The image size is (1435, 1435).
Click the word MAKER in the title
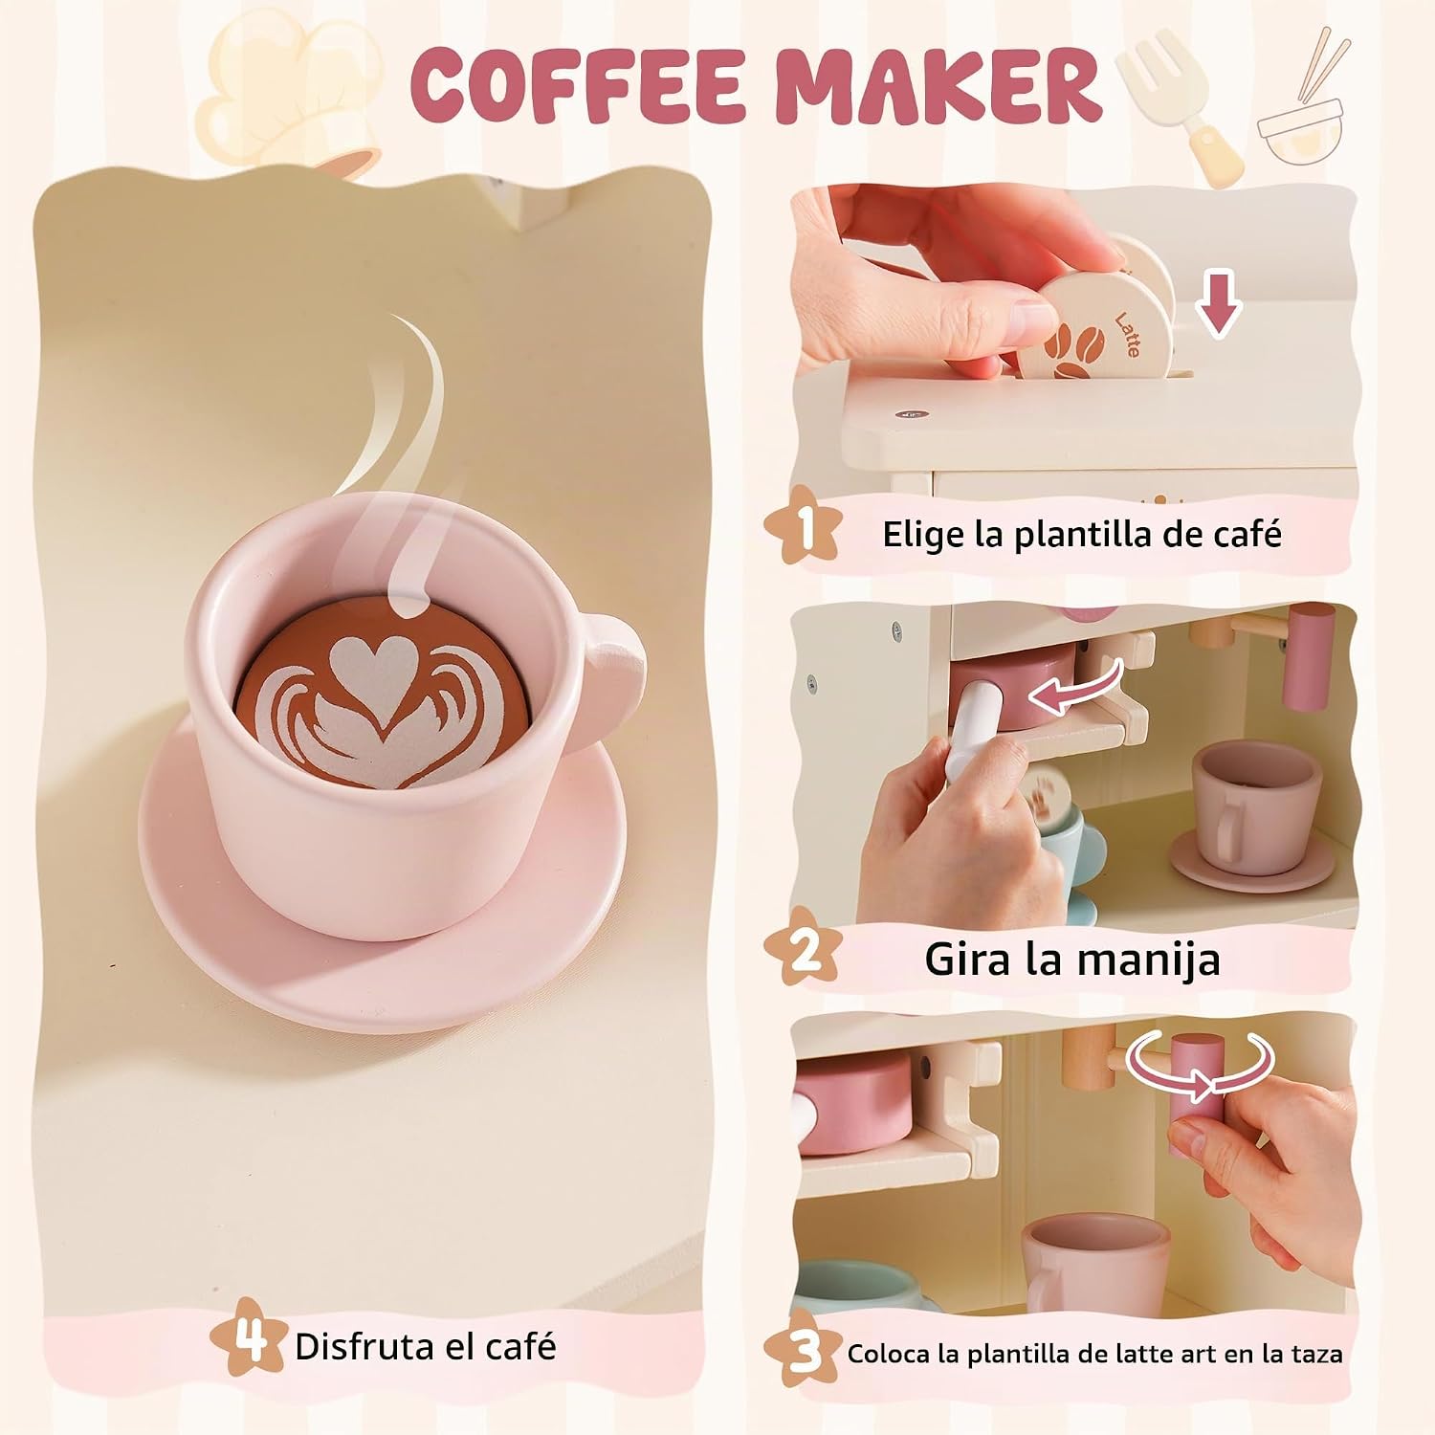[x=939, y=83]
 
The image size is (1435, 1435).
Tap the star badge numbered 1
[x=804, y=526]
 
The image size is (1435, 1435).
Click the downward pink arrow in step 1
[x=1218, y=303]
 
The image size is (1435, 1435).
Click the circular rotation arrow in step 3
[x=1200, y=1068]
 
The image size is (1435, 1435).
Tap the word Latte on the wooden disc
[x=1128, y=334]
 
